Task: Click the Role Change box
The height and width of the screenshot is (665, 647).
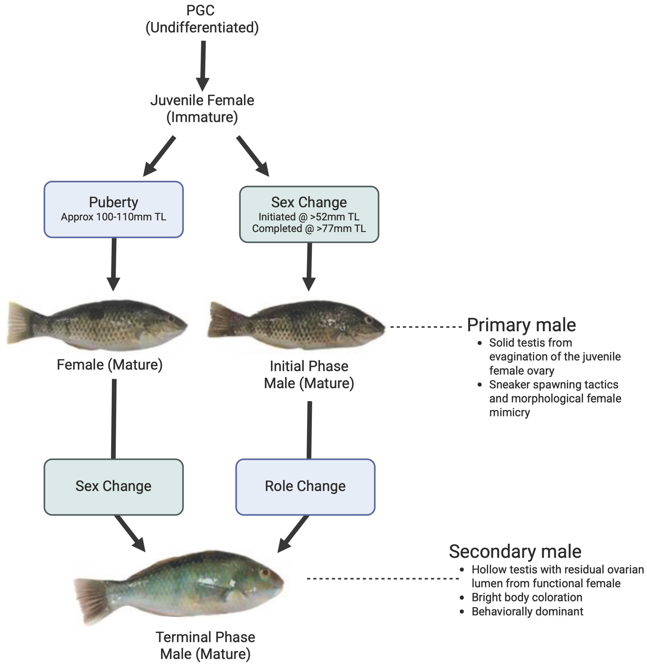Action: (x=305, y=486)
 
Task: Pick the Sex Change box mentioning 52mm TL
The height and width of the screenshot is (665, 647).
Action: (x=309, y=214)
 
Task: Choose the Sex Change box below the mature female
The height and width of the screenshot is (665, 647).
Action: (x=113, y=486)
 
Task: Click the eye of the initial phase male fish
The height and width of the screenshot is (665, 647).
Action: (x=368, y=319)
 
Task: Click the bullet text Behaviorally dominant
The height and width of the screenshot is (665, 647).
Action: (x=527, y=611)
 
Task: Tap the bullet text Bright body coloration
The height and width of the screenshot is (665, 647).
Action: (x=527, y=597)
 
